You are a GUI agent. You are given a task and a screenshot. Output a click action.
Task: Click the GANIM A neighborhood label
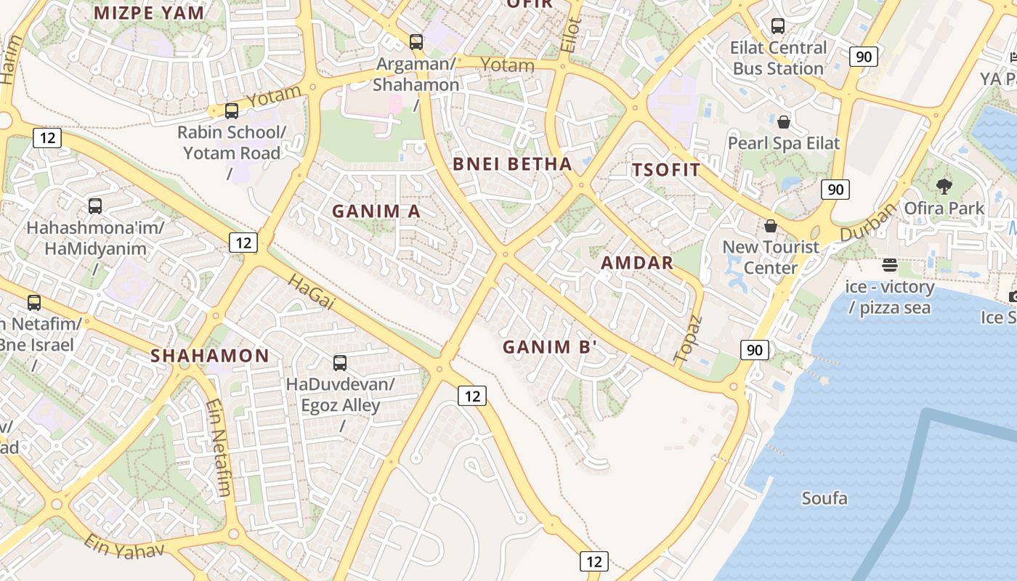point(376,211)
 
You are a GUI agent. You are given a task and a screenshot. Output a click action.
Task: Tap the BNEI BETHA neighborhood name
point(512,164)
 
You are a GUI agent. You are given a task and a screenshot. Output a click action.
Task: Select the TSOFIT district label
point(666,171)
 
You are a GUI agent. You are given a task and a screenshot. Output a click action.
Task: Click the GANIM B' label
point(549,347)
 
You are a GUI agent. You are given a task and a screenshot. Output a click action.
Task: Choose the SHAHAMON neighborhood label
point(209,356)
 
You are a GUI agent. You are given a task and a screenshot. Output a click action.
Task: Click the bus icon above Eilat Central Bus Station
point(778,26)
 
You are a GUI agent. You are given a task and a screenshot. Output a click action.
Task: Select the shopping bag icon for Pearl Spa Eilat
point(783,121)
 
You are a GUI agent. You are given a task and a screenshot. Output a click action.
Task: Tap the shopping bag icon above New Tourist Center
point(770,226)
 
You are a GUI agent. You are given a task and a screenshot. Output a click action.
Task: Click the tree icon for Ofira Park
point(944,187)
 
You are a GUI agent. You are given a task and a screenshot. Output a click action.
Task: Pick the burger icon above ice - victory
point(890,265)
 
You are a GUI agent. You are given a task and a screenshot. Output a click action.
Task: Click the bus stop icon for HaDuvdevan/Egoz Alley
point(340,362)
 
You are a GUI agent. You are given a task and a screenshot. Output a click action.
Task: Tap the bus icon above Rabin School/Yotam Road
point(232,111)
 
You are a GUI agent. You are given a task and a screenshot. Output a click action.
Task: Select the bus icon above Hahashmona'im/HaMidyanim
point(95,206)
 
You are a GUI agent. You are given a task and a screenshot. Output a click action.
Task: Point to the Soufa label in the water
point(824,498)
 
